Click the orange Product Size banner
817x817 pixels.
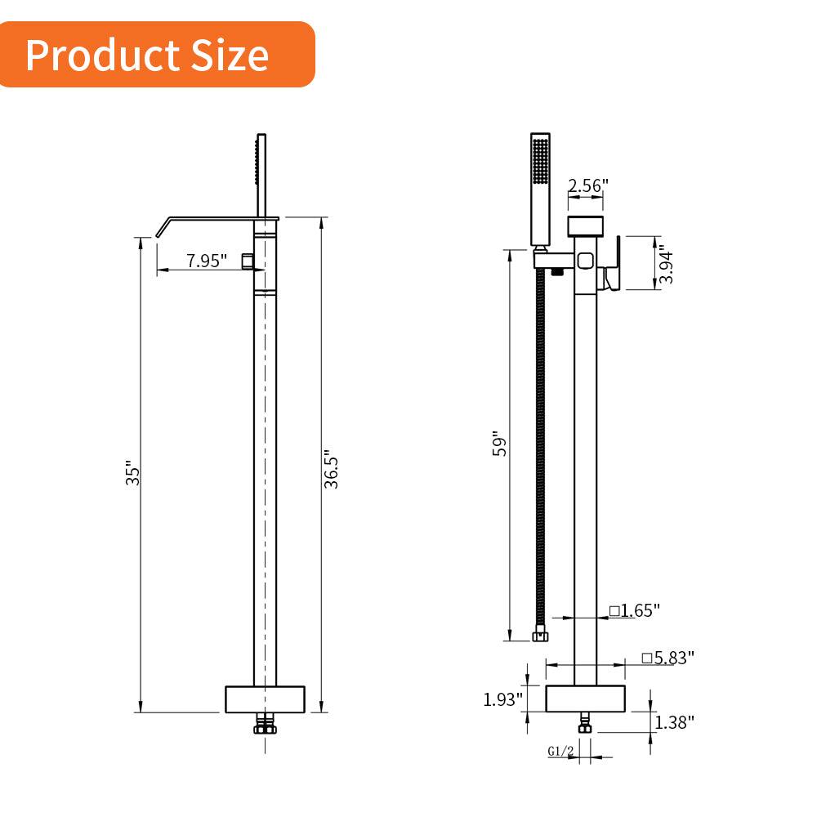155,55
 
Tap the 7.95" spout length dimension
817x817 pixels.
207,261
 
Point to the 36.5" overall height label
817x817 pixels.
331,469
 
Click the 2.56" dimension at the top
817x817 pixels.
588,185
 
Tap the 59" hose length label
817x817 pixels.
500,446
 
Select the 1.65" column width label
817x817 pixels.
634,610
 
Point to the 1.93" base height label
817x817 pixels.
502,699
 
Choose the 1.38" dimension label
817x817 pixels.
674,721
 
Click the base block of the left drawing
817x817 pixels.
265,699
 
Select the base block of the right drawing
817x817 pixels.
585,699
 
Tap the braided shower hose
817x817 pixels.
540,449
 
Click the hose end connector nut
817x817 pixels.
540,633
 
